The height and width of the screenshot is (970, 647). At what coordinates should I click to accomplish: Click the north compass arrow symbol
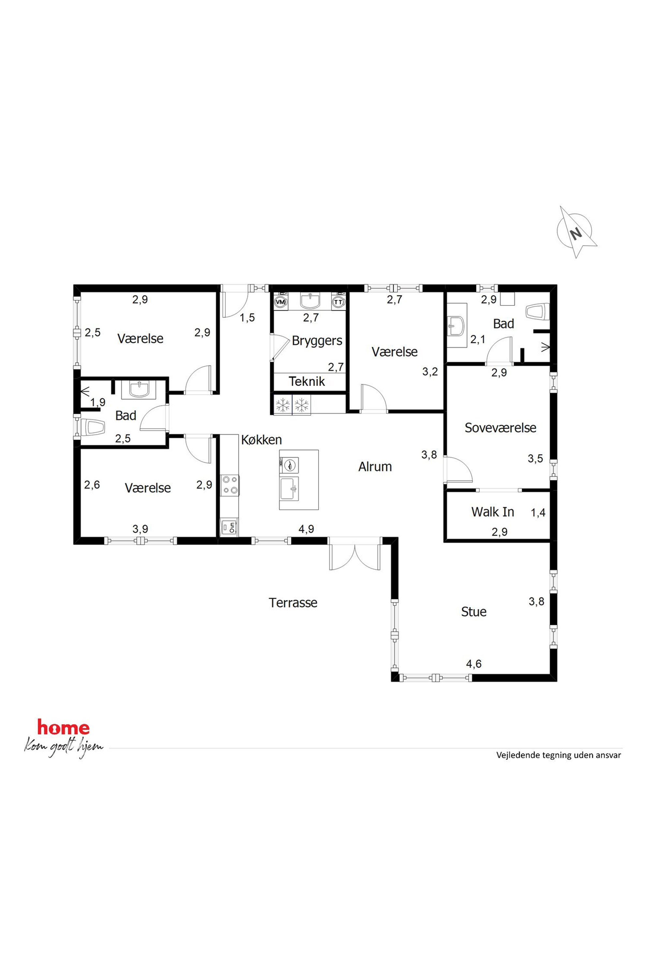point(577,232)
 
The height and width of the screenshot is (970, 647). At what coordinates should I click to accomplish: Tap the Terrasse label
point(293,603)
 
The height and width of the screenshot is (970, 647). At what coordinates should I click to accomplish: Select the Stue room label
point(474,611)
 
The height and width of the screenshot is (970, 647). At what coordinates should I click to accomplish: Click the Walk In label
point(492,512)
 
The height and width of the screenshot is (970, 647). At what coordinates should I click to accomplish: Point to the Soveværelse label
point(500,428)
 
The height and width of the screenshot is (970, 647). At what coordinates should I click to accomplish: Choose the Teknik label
point(307,381)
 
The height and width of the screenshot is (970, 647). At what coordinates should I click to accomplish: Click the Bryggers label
point(317,341)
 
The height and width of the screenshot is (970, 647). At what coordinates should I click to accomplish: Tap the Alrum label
point(375,466)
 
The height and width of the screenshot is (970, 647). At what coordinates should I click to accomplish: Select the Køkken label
point(261,440)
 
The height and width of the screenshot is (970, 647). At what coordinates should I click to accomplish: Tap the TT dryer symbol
point(338,302)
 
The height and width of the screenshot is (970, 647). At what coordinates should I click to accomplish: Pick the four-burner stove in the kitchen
point(230,485)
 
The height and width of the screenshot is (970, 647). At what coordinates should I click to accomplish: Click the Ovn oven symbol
point(229,527)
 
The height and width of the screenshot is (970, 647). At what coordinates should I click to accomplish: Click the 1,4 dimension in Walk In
point(538,512)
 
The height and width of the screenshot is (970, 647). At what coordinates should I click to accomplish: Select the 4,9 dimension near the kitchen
point(306,529)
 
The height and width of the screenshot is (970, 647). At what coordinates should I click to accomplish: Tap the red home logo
point(63,728)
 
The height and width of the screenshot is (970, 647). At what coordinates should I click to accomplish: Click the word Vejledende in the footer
point(515,755)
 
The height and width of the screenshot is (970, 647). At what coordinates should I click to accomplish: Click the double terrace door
point(355,554)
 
